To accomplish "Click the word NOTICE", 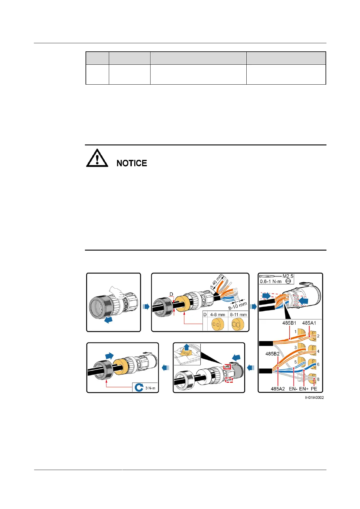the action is (x=132, y=163).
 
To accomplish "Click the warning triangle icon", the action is (x=97, y=158).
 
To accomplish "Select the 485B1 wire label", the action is (x=289, y=323).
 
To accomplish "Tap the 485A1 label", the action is (x=309, y=323).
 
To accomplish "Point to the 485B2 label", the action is (x=272, y=354).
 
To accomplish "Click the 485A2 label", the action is (x=277, y=389).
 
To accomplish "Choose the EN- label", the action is (x=293, y=389).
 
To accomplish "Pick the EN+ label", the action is (x=304, y=389).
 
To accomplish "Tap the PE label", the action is (x=314, y=389).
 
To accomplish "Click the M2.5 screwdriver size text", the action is (x=288, y=276).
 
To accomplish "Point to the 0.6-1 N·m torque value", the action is (x=271, y=281).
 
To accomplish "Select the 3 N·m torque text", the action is (x=150, y=388).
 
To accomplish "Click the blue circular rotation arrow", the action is (x=139, y=387).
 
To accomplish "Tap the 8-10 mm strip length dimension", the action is (x=238, y=305).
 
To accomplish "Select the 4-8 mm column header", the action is (x=218, y=315).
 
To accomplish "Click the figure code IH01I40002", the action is (x=314, y=398).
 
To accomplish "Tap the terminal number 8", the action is (x=318, y=379).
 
